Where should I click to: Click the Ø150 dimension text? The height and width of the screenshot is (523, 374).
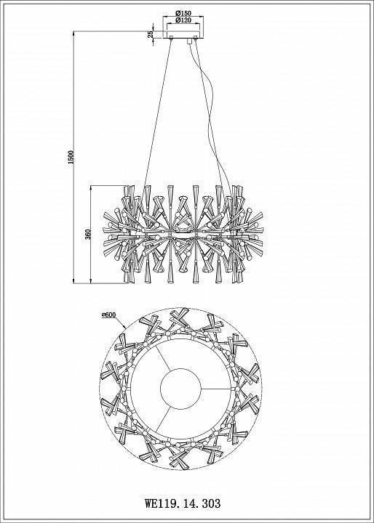(183, 14)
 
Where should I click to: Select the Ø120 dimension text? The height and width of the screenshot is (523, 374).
(183, 21)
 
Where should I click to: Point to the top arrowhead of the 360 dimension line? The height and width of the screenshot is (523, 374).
(89, 186)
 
